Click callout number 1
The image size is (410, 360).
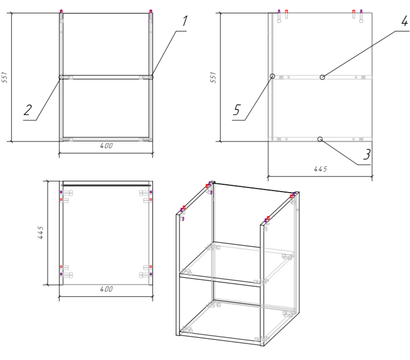click(185, 21)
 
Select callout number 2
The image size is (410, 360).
click(28, 110)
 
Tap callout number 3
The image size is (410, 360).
click(367, 154)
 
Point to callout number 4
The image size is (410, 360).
click(405, 21)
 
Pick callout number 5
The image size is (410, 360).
click(237, 110)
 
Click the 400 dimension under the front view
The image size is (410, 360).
click(106, 146)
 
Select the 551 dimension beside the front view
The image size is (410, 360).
click(5, 77)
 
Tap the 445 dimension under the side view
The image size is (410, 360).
click(321, 169)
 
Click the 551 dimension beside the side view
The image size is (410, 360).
click(213, 77)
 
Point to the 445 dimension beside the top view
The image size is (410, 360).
click(40, 232)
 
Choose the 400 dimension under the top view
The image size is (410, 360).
click(106, 289)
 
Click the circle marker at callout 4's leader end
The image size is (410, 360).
click(323, 77)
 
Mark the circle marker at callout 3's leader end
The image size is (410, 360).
click(320, 139)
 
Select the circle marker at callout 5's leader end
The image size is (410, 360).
click(272, 76)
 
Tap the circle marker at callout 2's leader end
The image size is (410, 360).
click(61, 77)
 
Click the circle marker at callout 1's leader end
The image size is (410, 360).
click(151, 77)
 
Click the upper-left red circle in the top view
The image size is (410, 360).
click(61, 199)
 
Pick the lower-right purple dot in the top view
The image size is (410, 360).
click(150, 274)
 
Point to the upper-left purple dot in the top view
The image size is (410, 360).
click(61, 192)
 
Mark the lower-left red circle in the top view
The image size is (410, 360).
click(61, 267)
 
